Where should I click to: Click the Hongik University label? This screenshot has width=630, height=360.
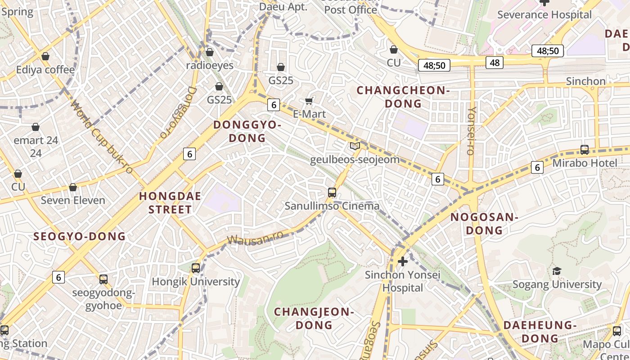(x=195, y=282)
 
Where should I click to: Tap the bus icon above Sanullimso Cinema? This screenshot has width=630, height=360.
(x=332, y=193)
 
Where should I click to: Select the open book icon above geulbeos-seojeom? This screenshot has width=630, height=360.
(x=355, y=146)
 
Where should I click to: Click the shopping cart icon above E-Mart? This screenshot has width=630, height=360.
(x=309, y=101)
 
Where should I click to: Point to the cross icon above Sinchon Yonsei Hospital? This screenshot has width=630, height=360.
(x=403, y=261)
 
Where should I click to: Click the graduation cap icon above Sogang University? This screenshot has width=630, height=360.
(x=557, y=271)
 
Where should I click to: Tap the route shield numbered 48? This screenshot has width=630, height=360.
(x=495, y=63)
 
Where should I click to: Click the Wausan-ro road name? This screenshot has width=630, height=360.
(x=255, y=238)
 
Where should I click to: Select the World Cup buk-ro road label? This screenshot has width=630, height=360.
(x=102, y=137)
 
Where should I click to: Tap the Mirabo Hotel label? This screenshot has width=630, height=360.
(x=585, y=163)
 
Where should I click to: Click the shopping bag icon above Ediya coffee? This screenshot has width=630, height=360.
(x=45, y=57)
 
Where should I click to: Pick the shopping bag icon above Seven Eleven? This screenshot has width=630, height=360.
(x=73, y=187)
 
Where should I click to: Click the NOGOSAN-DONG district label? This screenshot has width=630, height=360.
(x=484, y=224)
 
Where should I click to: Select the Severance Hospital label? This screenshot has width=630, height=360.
(x=544, y=15)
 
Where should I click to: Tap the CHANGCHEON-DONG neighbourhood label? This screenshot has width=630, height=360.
(x=403, y=97)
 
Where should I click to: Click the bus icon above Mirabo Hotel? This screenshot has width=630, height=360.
(x=585, y=150)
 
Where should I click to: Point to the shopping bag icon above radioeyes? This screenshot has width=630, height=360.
(x=210, y=53)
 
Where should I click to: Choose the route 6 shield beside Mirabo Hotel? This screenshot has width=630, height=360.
(x=537, y=167)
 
